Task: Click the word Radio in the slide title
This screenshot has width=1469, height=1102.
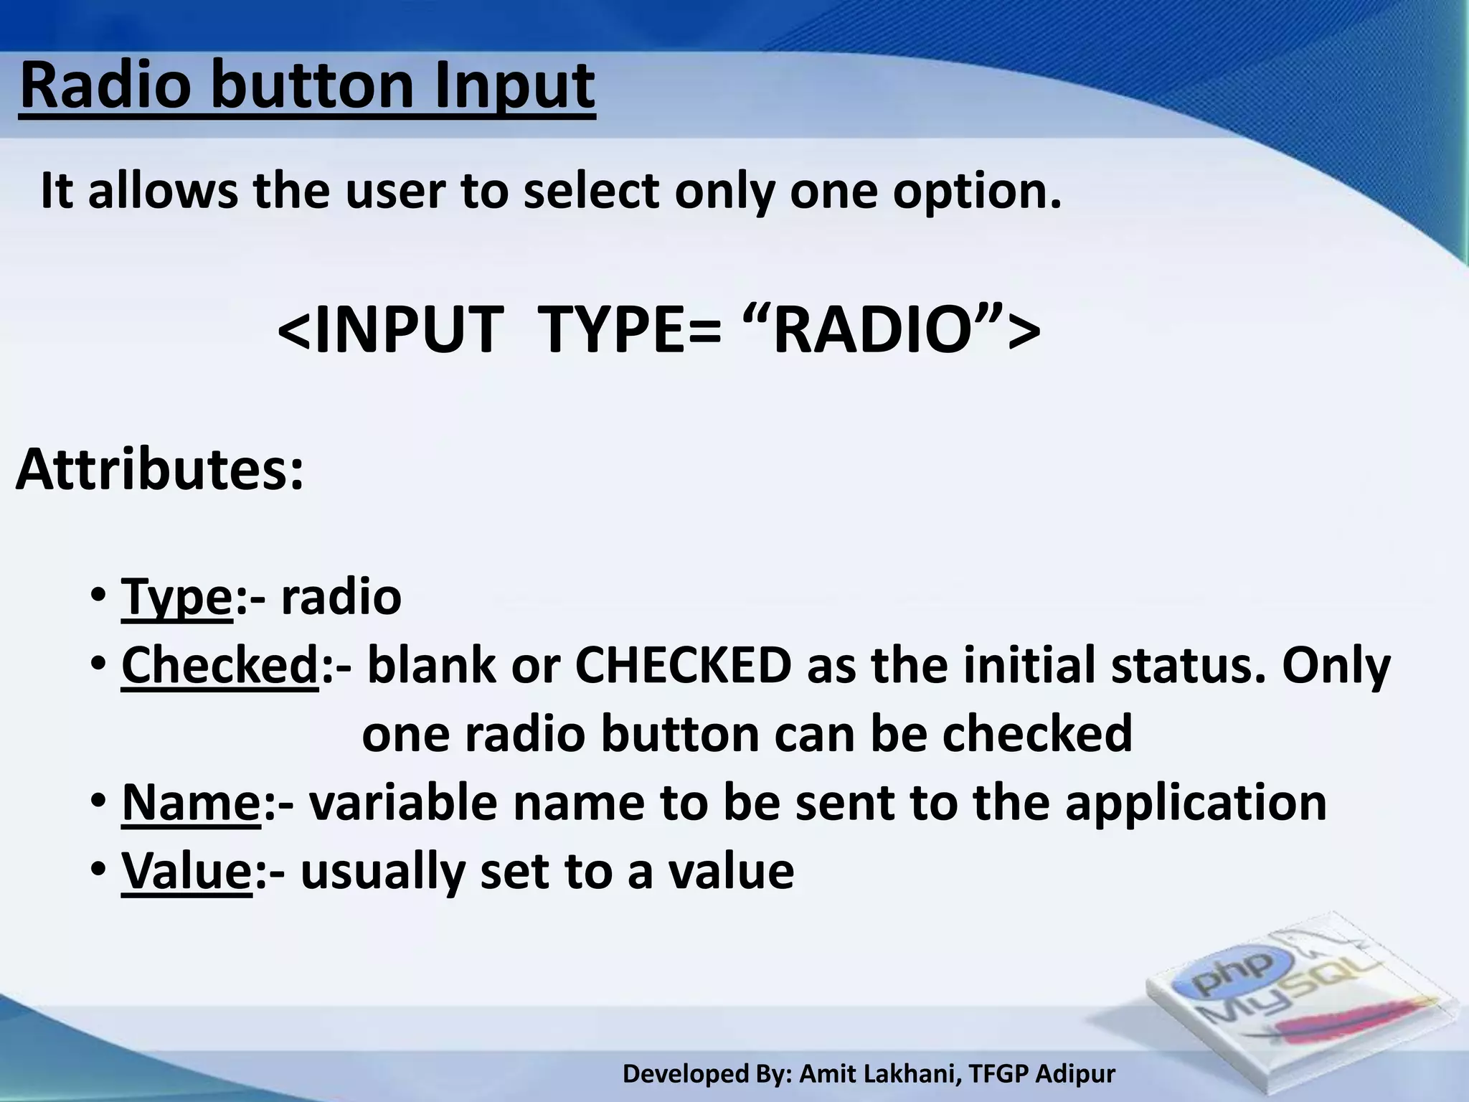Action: point(107,86)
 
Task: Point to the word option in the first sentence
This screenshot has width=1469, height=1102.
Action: point(976,192)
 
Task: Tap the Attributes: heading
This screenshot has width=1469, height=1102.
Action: point(159,471)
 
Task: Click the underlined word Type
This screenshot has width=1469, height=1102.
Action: point(176,597)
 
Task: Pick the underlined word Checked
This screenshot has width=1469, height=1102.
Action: point(219,666)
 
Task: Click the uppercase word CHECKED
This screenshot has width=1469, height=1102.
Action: point(683,666)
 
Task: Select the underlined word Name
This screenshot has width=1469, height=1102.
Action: point(191,802)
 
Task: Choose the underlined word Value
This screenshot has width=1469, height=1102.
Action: point(186,871)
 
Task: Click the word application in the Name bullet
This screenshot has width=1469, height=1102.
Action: point(1195,802)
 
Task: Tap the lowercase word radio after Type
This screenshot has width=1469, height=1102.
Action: point(341,597)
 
